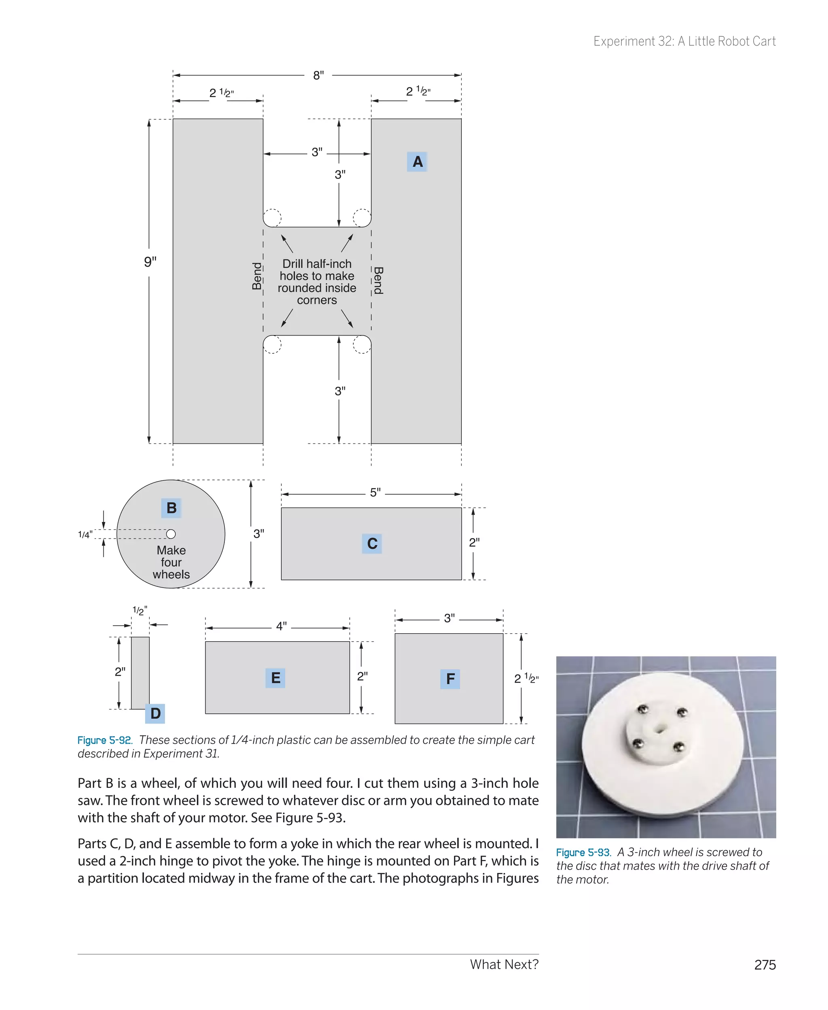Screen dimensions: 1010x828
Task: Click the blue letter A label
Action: pos(417,162)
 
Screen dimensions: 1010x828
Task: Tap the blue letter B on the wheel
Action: pos(171,508)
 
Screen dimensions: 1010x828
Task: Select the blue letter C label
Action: pos(372,543)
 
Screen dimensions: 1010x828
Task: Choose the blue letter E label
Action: pos(275,678)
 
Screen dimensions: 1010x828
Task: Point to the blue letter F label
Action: pos(450,678)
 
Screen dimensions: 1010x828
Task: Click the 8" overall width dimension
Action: pos(318,75)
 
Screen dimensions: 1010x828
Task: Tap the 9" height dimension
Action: pos(150,261)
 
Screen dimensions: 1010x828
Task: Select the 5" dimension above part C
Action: pos(375,492)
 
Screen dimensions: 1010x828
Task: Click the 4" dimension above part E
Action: pos(281,626)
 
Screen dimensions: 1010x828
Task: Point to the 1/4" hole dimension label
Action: pos(85,535)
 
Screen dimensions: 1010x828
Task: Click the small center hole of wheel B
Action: pos(171,534)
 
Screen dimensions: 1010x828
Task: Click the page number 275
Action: pos(765,965)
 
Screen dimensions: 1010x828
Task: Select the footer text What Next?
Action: pos(504,965)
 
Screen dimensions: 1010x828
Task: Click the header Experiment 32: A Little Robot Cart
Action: pos(684,42)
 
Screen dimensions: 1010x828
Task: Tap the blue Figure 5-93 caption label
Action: pos(583,853)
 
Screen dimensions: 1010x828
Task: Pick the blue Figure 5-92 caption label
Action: pos(104,741)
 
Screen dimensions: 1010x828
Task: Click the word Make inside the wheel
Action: pos(171,550)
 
